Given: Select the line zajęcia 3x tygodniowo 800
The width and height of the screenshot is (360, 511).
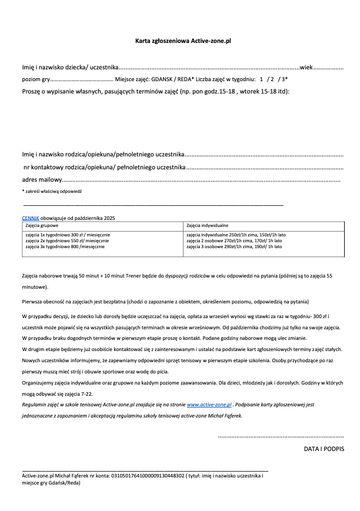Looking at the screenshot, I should click(x=65, y=246).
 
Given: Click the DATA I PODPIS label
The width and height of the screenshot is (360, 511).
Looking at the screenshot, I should click(x=324, y=449).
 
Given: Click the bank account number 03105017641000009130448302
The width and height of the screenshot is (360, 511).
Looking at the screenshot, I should click(x=147, y=476).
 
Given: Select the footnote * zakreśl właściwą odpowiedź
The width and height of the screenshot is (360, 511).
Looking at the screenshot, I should click(x=52, y=192).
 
